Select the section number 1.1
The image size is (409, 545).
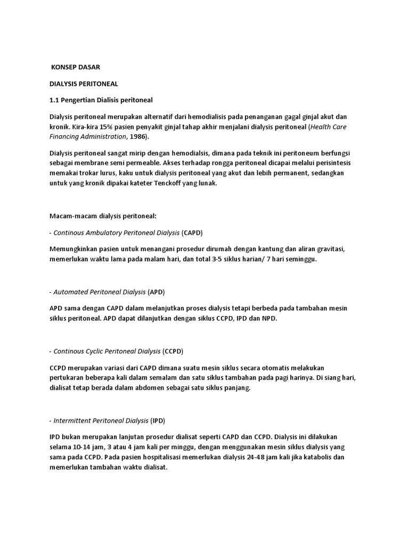coord(55,100)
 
